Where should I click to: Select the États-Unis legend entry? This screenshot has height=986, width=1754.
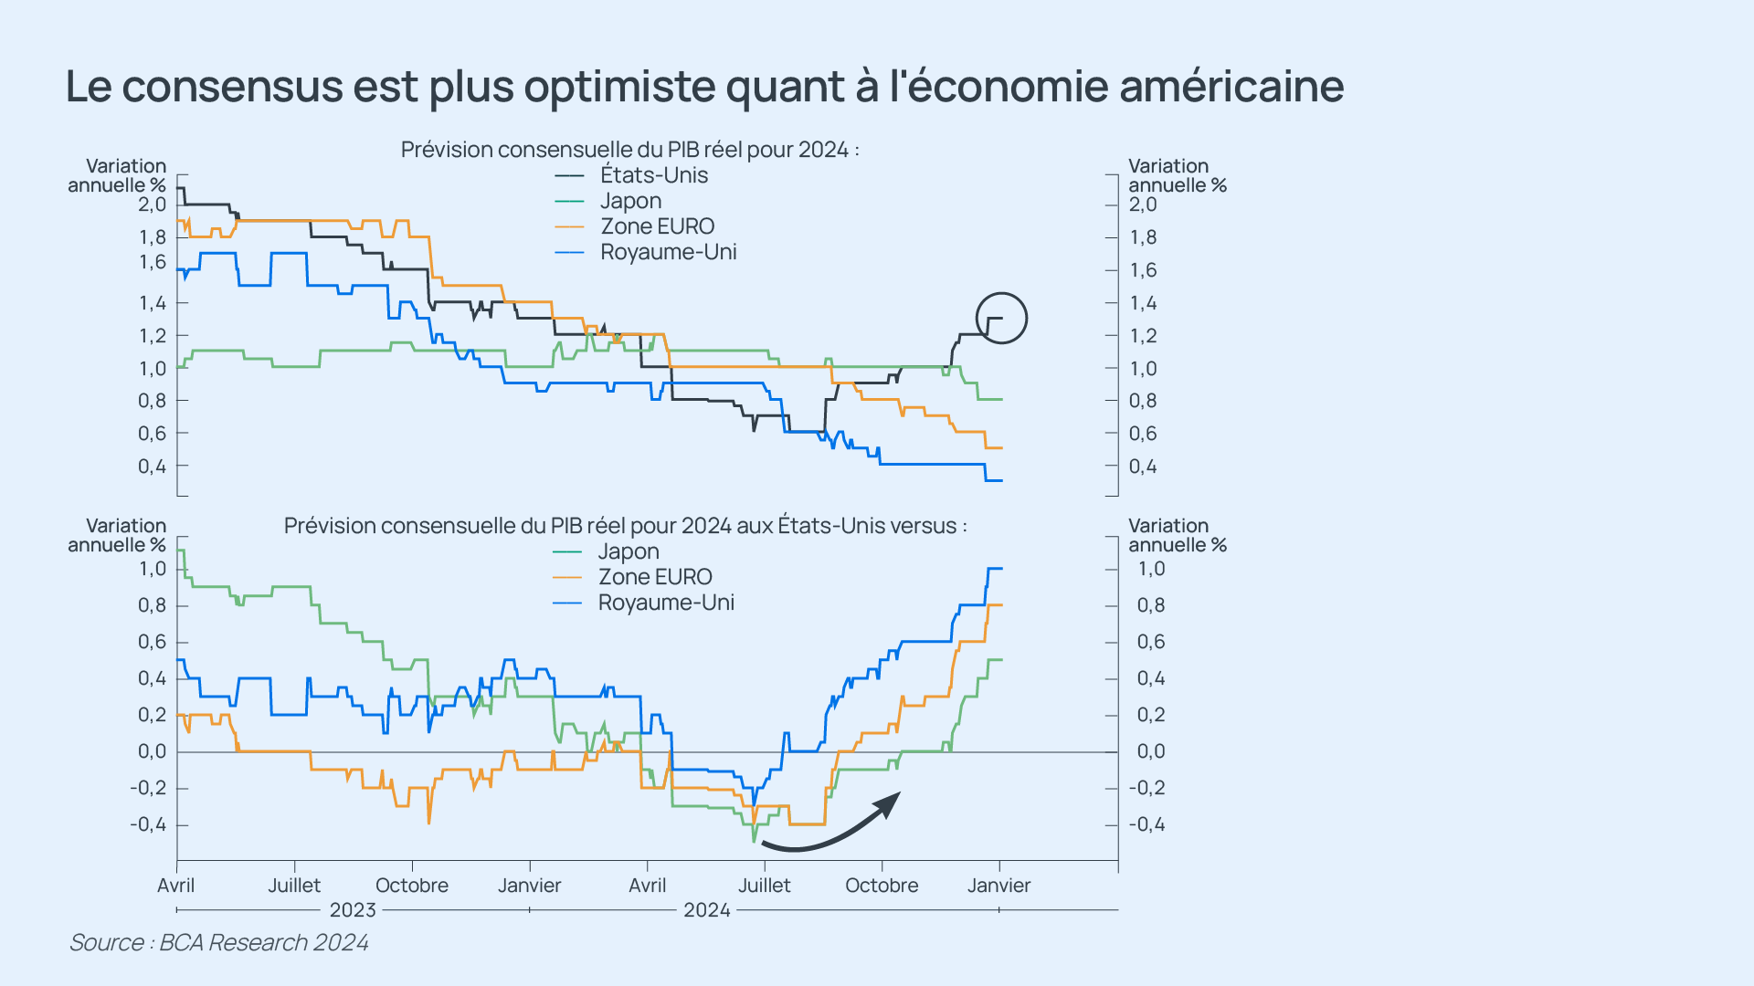tap(653, 175)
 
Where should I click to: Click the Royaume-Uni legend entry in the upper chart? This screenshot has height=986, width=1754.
tap(668, 252)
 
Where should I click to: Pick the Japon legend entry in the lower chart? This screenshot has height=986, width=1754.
tap(628, 551)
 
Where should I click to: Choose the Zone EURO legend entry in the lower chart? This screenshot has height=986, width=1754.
tap(654, 577)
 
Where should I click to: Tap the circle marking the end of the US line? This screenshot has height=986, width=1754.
tap(1001, 318)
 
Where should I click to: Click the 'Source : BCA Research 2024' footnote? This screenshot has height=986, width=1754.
tap(219, 942)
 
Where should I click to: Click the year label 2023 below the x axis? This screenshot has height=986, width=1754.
tap(353, 910)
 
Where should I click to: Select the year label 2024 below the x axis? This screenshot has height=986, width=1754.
tap(707, 910)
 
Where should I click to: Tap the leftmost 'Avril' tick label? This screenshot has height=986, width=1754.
tap(175, 886)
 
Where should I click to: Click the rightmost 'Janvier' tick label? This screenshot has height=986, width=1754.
tap(999, 886)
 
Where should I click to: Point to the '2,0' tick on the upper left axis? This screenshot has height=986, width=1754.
tap(153, 205)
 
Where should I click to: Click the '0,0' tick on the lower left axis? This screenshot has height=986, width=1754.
tap(153, 751)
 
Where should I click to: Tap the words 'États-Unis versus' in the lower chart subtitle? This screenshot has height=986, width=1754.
tap(868, 526)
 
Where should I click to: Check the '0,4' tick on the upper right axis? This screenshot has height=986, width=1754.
tap(1143, 467)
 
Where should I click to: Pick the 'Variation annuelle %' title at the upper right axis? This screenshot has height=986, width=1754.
tap(1177, 175)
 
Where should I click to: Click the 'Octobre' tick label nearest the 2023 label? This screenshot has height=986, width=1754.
tap(412, 886)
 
